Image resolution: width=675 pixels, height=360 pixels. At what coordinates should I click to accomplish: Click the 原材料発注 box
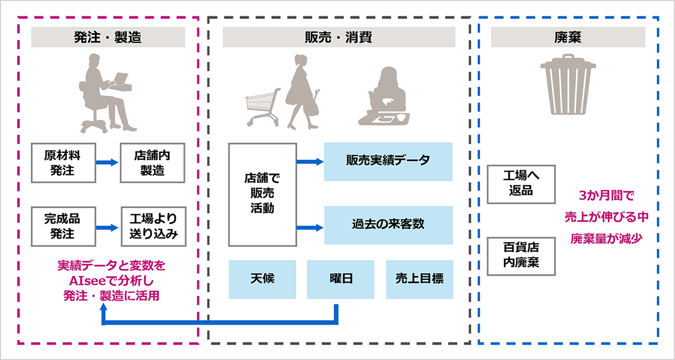[63, 163]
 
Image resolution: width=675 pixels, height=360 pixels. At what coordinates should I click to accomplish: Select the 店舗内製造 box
[152, 163]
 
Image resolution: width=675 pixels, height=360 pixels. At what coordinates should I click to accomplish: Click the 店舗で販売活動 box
[262, 194]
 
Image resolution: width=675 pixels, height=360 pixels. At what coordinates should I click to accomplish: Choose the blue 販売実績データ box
[388, 161]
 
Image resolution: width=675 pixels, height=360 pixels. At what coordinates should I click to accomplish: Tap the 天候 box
[262, 279]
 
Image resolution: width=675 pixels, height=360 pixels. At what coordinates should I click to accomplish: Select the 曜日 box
[340, 279]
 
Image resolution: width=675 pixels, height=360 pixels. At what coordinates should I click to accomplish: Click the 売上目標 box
[420, 279]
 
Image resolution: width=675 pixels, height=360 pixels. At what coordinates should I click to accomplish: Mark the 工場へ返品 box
[521, 183]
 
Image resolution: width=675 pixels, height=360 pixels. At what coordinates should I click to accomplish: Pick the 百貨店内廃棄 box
[521, 256]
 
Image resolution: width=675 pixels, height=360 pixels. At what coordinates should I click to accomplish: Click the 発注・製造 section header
[107, 38]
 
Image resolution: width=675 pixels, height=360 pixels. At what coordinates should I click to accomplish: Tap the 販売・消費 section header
[339, 38]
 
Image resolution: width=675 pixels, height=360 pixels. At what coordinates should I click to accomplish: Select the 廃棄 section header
[568, 38]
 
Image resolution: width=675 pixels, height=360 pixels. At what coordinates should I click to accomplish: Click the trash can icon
[568, 84]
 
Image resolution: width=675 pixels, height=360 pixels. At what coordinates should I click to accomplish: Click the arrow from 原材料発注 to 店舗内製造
[107, 163]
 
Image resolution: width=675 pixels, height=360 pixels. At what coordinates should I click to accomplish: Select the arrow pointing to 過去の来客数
[310, 227]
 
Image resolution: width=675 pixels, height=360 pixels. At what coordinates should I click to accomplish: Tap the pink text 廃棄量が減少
[606, 238]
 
